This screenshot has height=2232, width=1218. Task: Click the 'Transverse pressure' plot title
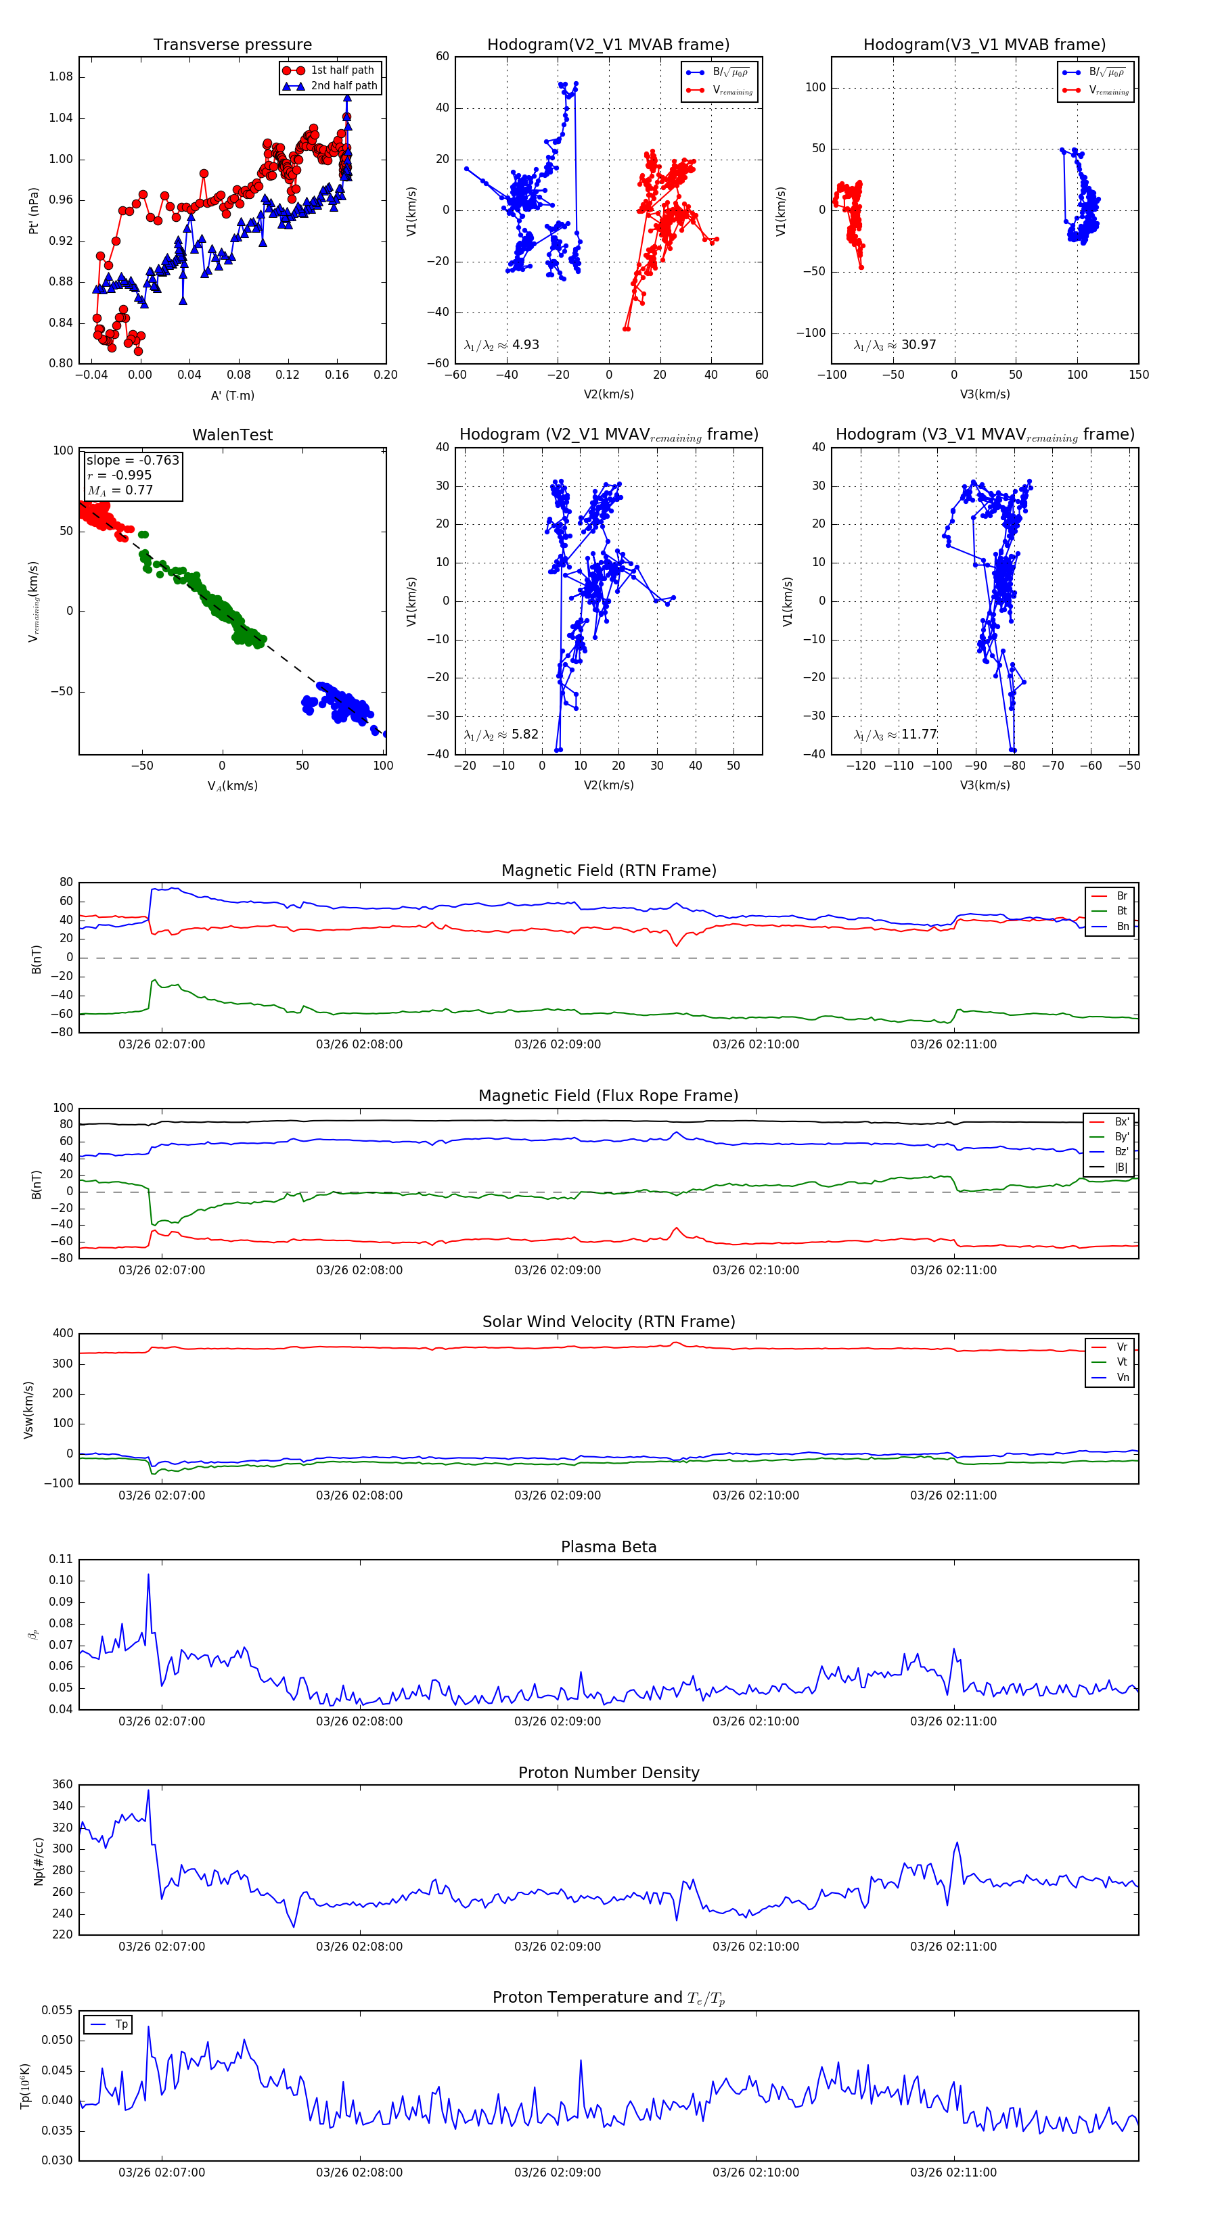click(x=232, y=45)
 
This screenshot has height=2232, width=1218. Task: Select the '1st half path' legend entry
click(x=342, y=70)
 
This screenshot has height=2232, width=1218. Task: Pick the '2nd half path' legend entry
click(x=343, y=86)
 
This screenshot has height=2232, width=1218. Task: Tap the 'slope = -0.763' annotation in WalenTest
click(x=133, y=460)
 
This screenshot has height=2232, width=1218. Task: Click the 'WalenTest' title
click(x=232, y=435)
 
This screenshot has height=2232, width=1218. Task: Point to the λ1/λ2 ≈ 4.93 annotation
click(x=501, y=345)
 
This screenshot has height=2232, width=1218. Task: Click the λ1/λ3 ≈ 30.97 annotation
click(x=895, y=345)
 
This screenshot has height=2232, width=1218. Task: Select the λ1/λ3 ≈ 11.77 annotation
click(x=895, y=735)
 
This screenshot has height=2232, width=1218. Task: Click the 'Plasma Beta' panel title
click(x=608, y=1547)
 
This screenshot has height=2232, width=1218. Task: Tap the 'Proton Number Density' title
click(x=608, y=1773)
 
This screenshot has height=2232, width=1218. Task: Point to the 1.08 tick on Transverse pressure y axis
click(x=61, y=77)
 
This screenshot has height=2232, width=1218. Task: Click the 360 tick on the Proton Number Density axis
click(x=62, y=1785)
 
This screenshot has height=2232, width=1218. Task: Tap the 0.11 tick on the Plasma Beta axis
click(x=61, y=1559)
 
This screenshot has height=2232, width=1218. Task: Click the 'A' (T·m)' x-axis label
click(x=232, y=396)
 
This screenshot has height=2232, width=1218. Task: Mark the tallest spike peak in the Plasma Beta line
click(x=148, y=1575)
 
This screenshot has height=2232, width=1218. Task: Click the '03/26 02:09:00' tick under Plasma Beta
click(x=558, y=1721)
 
